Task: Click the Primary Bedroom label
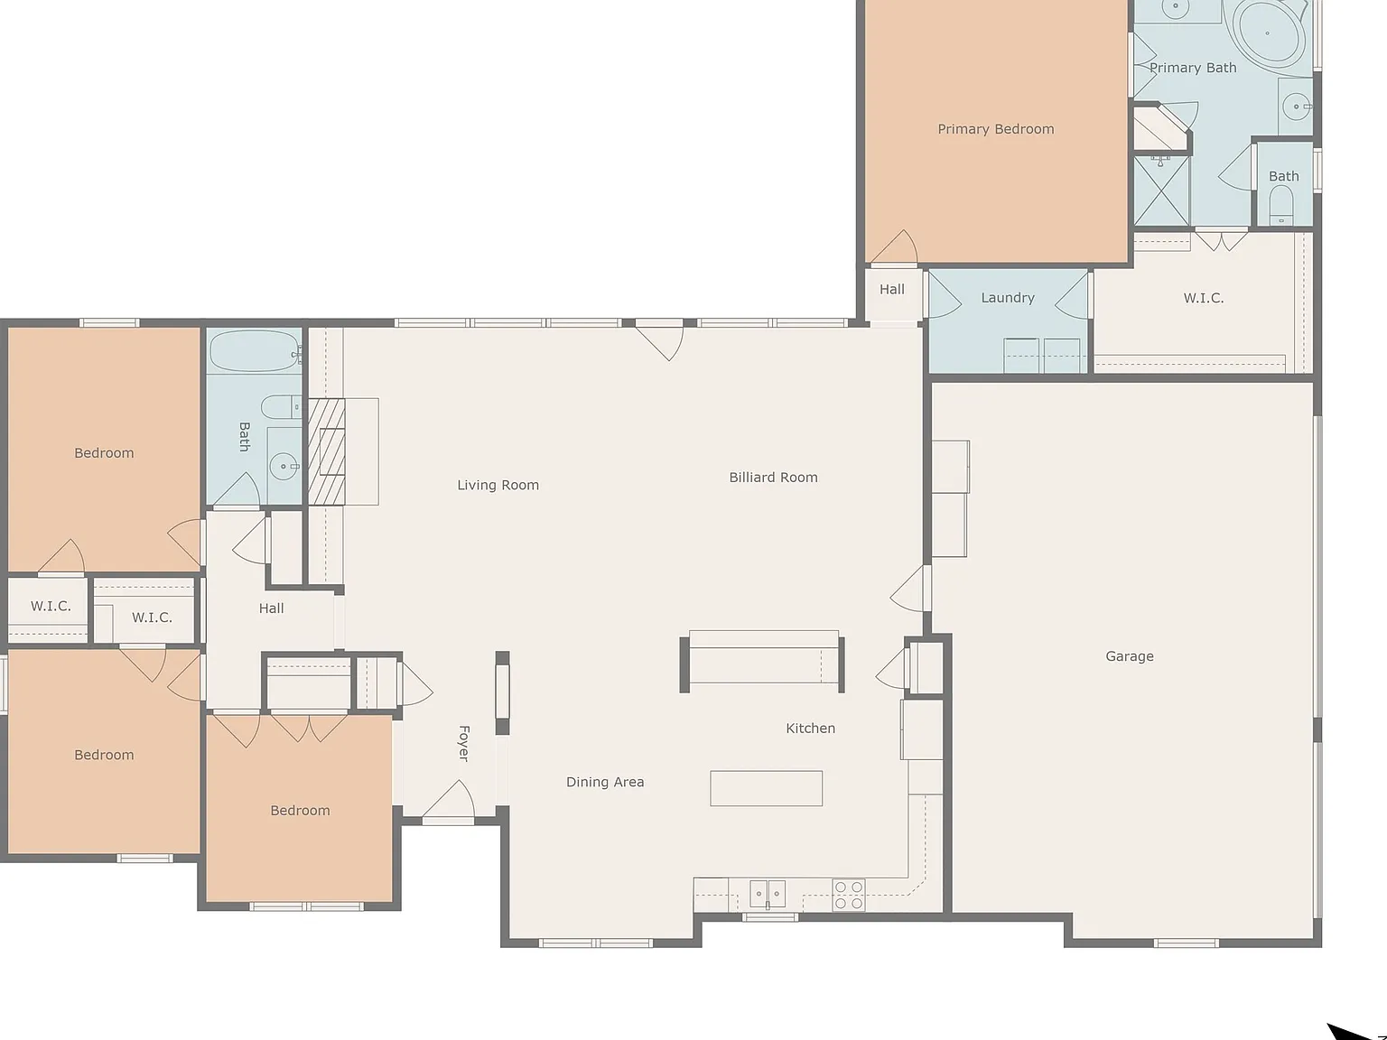[x=995, y=129]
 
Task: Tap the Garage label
[x=1129, y=656]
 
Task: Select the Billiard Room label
[x=773, y=478]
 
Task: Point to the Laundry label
[x=1007, y=297]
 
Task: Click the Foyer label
[x=464, y=743]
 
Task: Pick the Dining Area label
[x=605, y=782]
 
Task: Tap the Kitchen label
[x=810, y=728]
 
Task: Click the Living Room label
[x=498, y=485]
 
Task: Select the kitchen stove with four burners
[x=848, y=896]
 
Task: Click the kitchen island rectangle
[x=766, y=788]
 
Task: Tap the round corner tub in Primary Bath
[x=1271, y=32]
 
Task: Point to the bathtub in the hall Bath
[x=254, y=351]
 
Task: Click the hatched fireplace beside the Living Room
[x=326, y=450]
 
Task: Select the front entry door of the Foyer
[x=449, y=801]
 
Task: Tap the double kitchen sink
[x=768, y=894]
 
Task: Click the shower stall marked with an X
[x=1161, y=190]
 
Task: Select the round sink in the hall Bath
[x=284, y=467]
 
